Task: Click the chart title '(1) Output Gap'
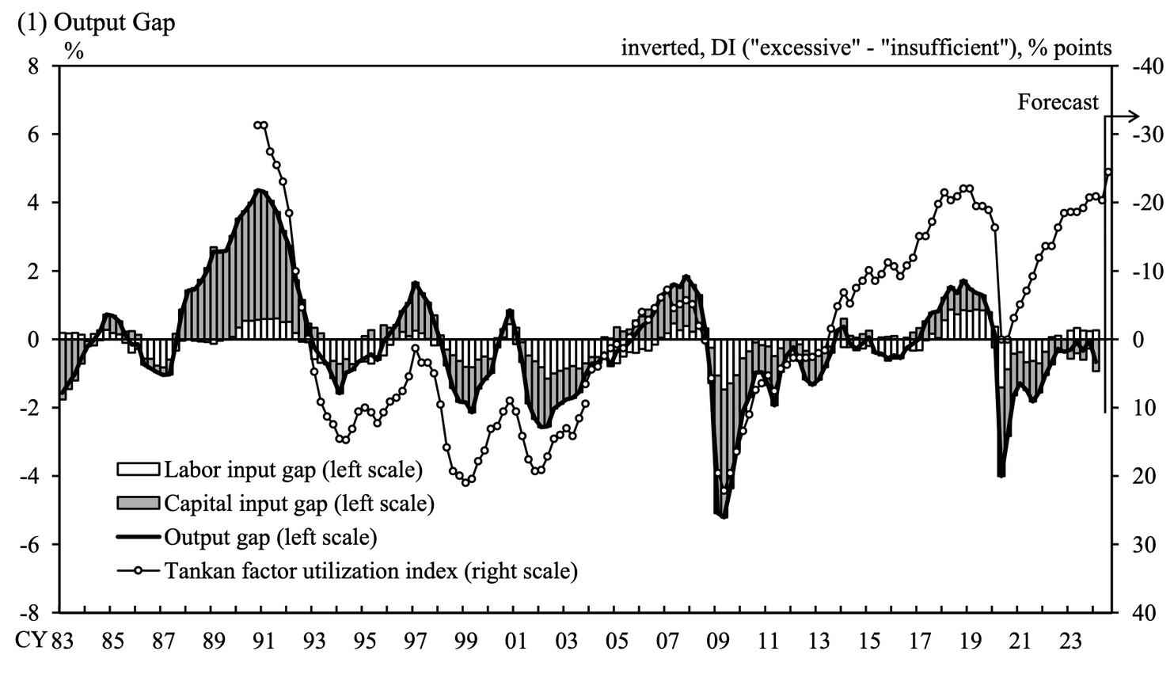tap(96, 21)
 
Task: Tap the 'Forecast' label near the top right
tap(1058, 102)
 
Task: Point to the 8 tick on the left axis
tap(33, 67)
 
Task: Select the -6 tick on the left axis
tap(29, 544)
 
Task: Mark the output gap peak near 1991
tap(258, 190)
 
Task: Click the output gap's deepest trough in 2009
tap(724, 517)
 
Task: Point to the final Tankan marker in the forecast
tap(1108, 172)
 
